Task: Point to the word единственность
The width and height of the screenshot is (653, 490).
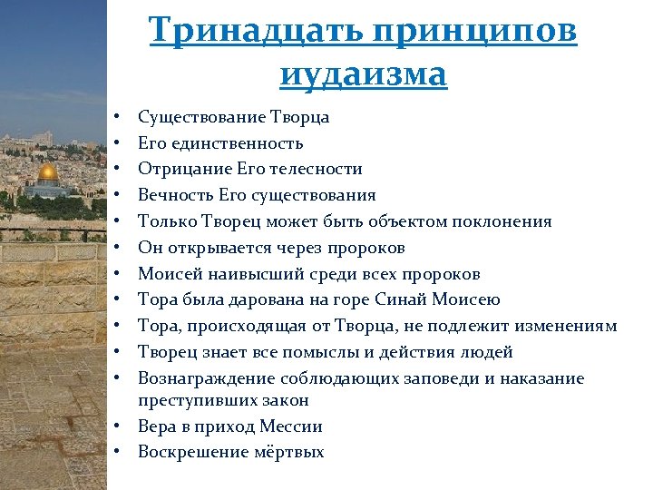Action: [x=236, y=143]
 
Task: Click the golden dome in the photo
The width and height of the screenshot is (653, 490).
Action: [x=48, y=172]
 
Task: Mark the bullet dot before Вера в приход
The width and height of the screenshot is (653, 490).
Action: [x=120, y=426]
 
